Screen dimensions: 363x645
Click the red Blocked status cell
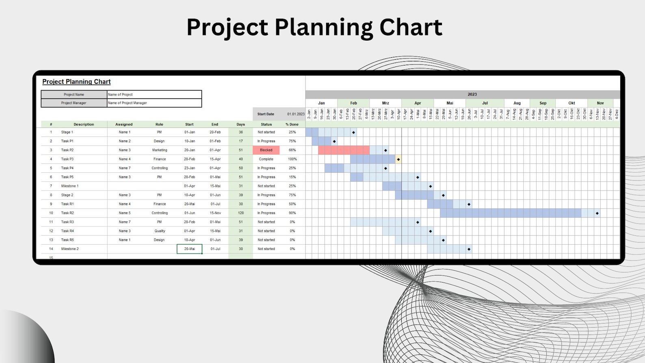[x=266, y=150]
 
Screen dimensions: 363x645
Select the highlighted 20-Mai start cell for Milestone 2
[x=189, y=249]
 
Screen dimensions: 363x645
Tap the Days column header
[x=240, y=124]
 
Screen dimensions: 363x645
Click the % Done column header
[x=292, y=124]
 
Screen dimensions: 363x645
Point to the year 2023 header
[x=472, y=94]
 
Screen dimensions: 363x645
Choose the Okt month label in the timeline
[x=571, y=103]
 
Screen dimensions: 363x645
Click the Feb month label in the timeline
[x=353, y=103]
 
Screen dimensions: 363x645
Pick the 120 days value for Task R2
[x=240, y=213]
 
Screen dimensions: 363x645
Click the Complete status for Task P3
[x=266, y=159]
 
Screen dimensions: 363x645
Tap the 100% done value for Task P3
[x=292, y=159]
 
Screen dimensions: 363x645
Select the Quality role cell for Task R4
[x=160, y=231]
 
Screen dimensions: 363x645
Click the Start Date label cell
[x=266, y=114]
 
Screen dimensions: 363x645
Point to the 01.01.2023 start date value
[x=296, y=114]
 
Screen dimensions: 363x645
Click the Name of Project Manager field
[x=154, y=103]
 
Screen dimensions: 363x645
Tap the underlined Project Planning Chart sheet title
[x=76, y=82]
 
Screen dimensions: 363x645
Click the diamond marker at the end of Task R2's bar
[x=597, y=213]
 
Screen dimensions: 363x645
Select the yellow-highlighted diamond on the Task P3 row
[x=398, y=159]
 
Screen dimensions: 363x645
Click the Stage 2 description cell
[x=67, y=195]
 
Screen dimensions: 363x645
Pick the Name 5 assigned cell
[x=125, y=213]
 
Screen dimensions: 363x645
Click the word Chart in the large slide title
[x=411, y=28]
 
